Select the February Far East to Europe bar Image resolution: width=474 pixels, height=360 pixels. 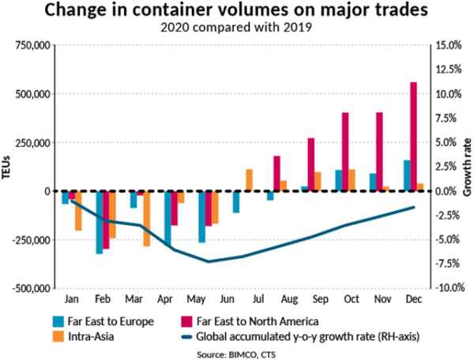(x=100, y=222)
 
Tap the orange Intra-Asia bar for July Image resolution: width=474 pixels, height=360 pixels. (x=249, y=180)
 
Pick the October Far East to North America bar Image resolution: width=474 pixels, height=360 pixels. (x=345, y=152)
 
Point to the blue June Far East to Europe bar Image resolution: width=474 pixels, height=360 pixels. (x=235, y=202)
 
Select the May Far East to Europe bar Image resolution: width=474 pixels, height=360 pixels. (x=201, y=216)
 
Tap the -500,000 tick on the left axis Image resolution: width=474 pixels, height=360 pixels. (x=30, y=289)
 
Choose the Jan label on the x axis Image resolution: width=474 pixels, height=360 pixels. (x=71, y=301)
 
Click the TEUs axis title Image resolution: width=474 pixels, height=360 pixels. (x=7, y=167)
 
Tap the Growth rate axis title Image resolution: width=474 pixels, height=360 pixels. (x=467, y=167)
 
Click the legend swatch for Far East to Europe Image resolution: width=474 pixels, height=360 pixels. (x=58, y=322)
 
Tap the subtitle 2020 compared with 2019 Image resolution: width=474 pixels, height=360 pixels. (x=237, y=27)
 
